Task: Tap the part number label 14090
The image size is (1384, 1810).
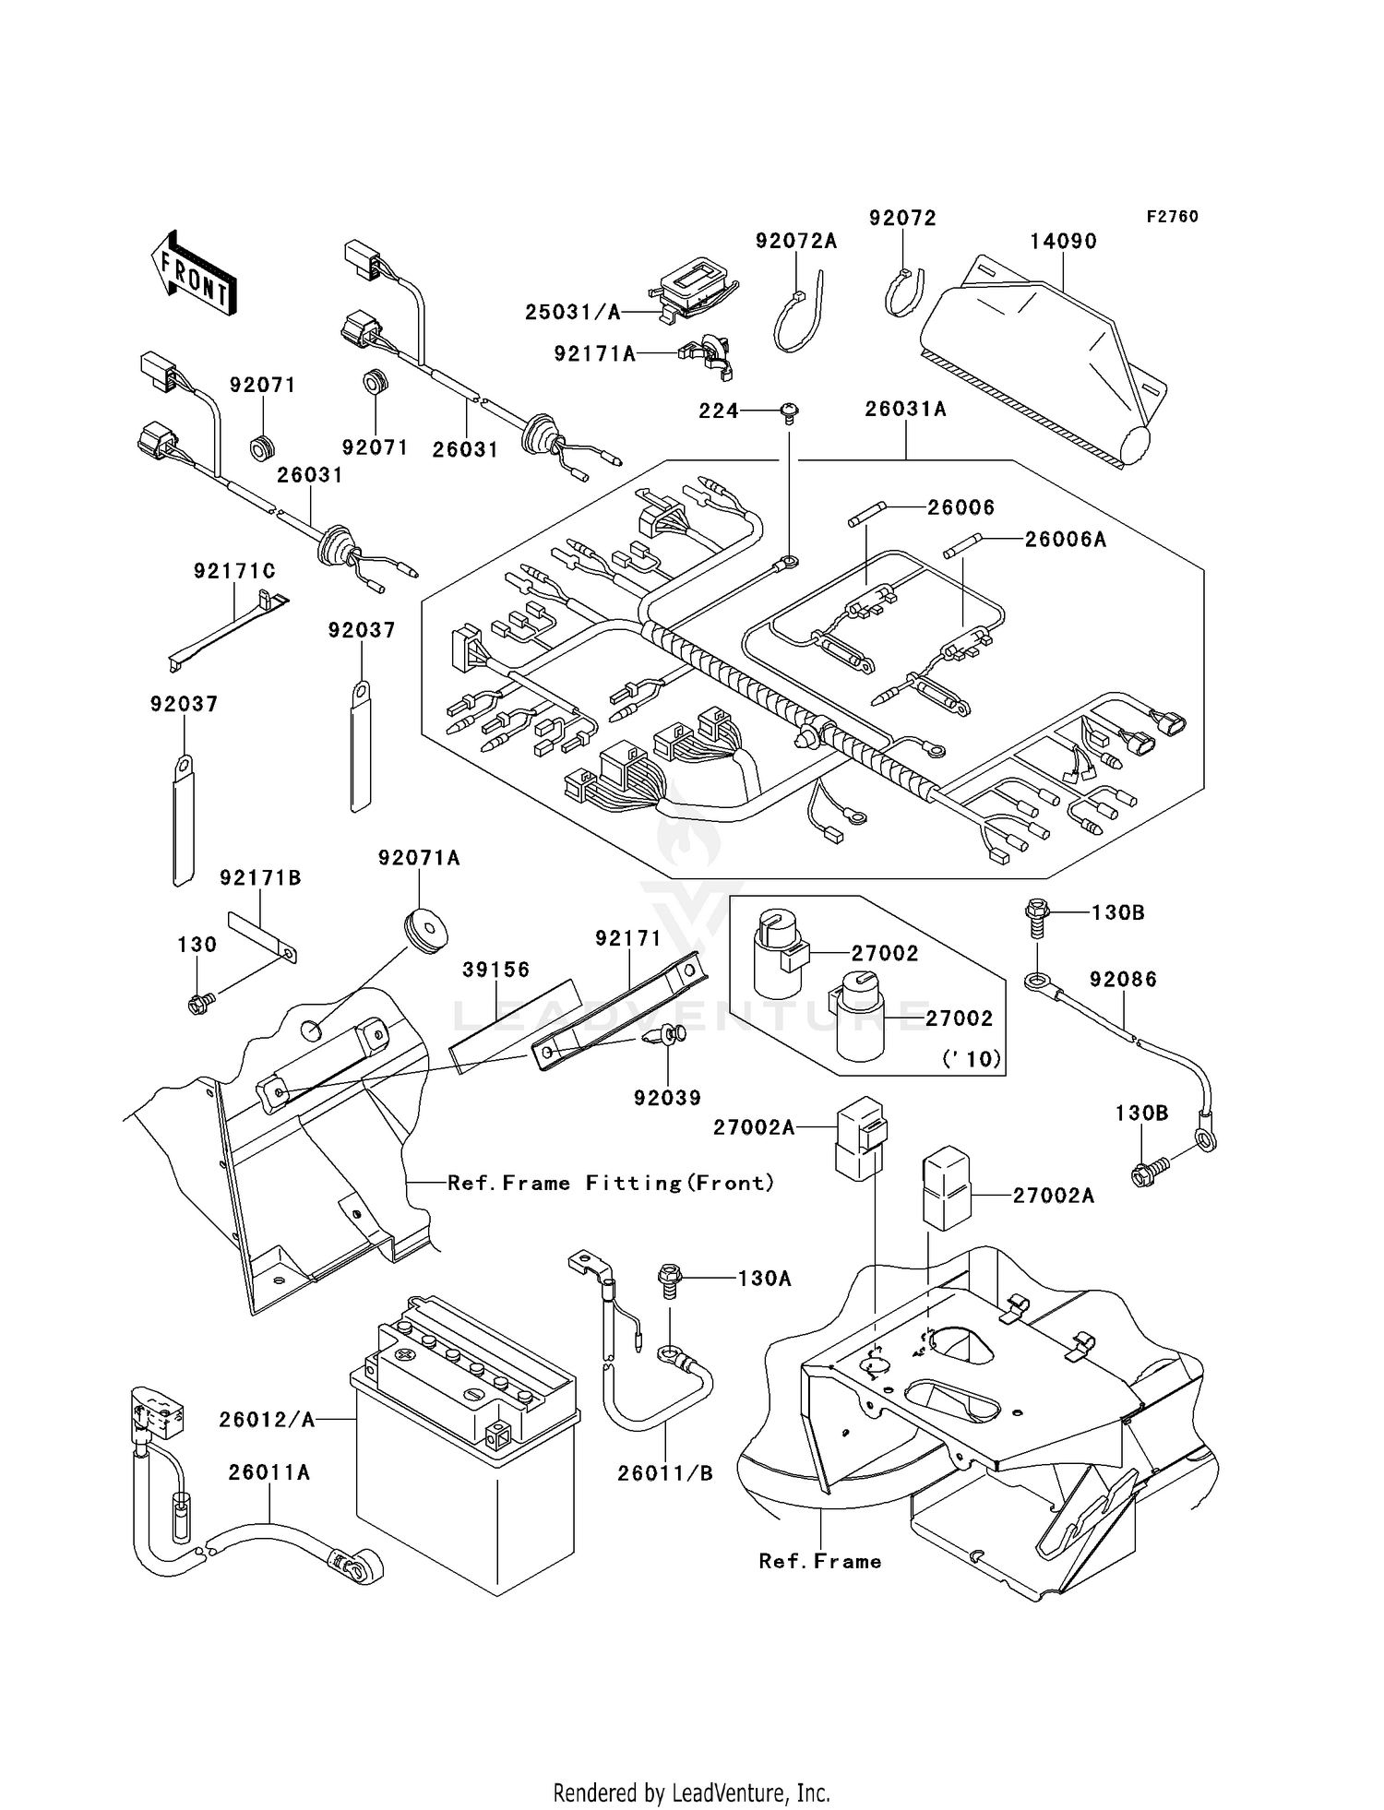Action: (1063, 242)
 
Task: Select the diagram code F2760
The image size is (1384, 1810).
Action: (1172, 217)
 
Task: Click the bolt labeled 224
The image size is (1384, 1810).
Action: (790, 411)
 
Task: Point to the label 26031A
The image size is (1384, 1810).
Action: (905, 409)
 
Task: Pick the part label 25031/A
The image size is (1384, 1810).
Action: (573, 313)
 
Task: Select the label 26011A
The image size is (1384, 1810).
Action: (269, 1473)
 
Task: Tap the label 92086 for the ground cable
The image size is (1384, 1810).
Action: (1123, 980)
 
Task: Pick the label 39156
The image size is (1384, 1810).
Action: (496, 970)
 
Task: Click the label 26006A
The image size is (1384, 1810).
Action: (1065, 540)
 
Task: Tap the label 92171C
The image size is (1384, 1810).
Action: (234, 572)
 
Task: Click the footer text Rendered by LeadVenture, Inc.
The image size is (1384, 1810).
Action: (691, 1792)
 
